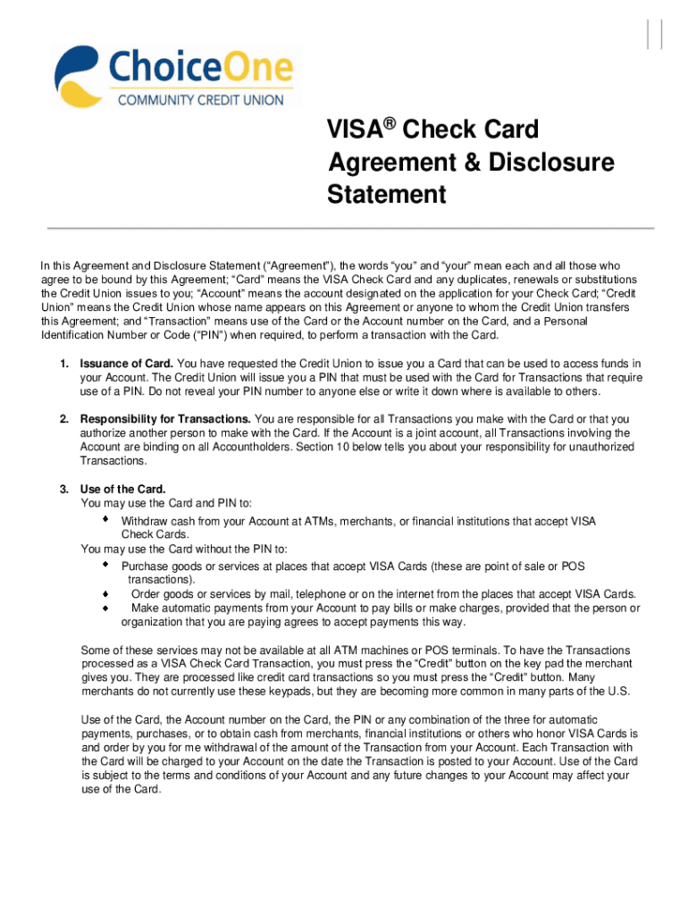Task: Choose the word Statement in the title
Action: [387, 194]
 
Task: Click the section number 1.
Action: [63, 364]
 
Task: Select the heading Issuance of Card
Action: [127, 364]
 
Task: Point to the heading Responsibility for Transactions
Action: [165, 419]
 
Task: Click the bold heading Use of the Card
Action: [122, 489]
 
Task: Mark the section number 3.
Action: [63, 489]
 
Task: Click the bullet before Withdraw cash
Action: [105, 519]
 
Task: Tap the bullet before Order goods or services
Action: [105, 593]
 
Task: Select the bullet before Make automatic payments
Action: [105, 608]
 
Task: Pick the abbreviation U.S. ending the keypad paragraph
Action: [617, 692]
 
